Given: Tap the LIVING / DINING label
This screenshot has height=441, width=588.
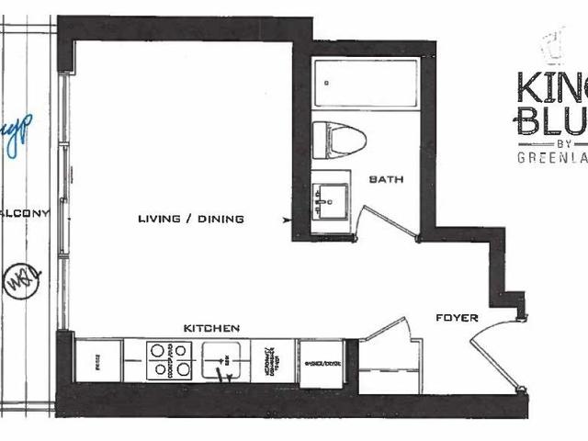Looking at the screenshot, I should coord(190,219).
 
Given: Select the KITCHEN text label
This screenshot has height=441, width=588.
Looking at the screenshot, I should coord(211,328).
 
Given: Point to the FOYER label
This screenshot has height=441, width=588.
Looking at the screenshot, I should coord(457,318).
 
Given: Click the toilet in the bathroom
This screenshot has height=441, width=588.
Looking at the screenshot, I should coord(337,140).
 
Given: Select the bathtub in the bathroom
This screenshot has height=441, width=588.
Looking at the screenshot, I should coord(364,85).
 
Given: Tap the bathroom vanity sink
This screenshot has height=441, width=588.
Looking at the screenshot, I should coord(330,198).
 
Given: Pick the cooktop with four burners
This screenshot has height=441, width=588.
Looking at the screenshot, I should coord(170,359).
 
